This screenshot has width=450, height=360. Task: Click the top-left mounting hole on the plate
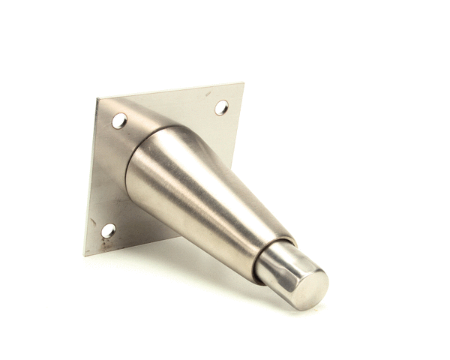[x=119, y=120]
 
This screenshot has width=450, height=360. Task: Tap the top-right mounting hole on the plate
[x=221, y=107]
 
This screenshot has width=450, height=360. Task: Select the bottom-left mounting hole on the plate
[x=109, y=230]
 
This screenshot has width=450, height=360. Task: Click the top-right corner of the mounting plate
[x=243, y=83]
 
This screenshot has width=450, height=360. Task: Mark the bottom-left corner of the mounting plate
[x=85, y=256]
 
